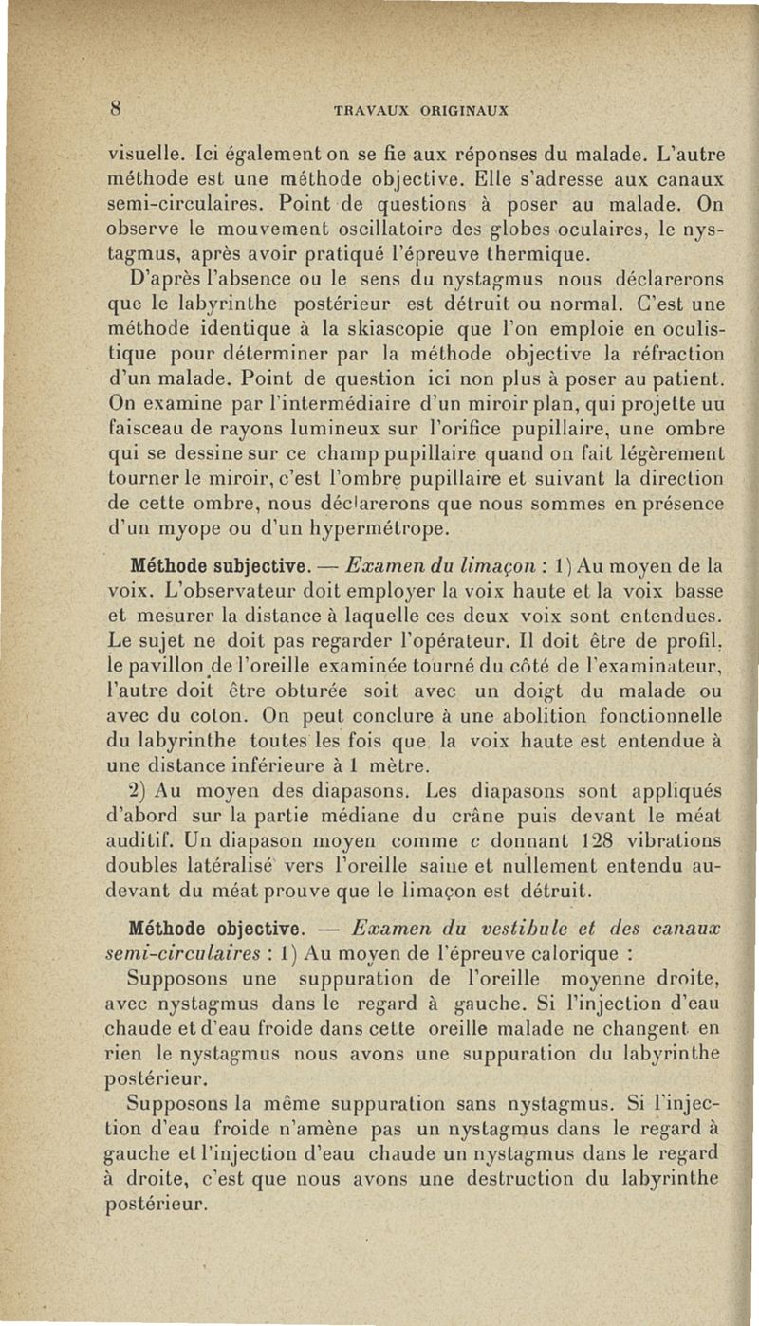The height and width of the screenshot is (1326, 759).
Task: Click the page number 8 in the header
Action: pos(114,107)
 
